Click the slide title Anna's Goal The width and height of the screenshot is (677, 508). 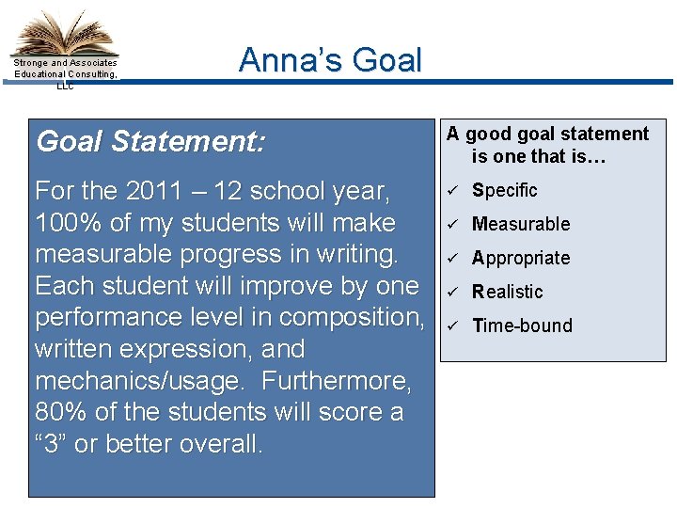[x=330, y=60]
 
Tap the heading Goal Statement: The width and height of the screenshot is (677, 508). [x=150, y=142]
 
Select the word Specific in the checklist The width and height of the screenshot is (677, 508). [x=504, y=190]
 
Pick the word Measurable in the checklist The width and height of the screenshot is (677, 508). [x=521, y=224]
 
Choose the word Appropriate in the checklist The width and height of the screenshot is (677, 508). [x=521, y=258]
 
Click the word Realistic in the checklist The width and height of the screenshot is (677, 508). [x=508, y=292]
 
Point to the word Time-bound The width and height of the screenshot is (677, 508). [x=522, y=325]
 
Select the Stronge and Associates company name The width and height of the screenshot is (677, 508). [x=66, y=63]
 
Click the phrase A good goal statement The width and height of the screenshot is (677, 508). [x=548, y=134]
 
